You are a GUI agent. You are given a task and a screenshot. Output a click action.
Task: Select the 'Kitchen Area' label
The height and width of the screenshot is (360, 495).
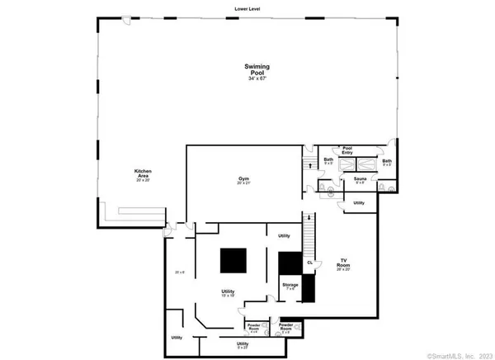coord(143,173)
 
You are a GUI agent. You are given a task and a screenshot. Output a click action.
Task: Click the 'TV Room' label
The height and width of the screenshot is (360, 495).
coord(343,263)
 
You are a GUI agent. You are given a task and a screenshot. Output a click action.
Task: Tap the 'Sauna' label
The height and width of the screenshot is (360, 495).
coord(360,178)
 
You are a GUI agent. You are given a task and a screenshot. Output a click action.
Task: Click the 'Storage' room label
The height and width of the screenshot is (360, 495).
coord(290,285)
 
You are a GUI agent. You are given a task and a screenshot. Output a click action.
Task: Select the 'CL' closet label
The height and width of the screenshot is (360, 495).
coord(310,263)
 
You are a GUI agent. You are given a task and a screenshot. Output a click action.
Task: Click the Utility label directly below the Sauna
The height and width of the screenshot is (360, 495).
coord(359,202)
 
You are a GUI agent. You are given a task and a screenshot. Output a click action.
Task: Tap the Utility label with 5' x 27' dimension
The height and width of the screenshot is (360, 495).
coord(243,343)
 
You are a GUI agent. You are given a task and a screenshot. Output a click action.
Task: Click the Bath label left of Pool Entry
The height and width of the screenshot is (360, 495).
coord(328,159)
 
